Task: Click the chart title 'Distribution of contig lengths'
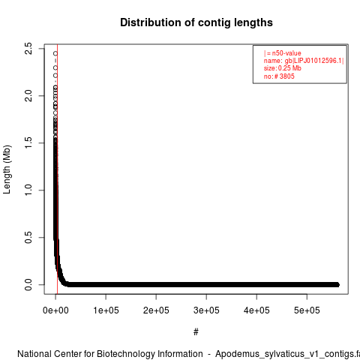tap(196, 22)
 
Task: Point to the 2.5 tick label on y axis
tap(28, 49)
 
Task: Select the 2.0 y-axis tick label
tap(28, 96)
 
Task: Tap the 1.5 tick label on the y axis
tap(28, 143)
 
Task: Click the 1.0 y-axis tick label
tap(28, 190)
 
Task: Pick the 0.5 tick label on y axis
tap(28, 238)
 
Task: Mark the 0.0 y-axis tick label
tap(28, 285)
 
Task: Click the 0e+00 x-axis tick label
tap(55, 310)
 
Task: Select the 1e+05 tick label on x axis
tap(106, 310)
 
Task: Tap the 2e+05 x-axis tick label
tap(156, 310)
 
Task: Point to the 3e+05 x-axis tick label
tap(206, 310)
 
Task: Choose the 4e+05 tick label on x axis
tap(256, 310)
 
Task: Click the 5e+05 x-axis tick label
tap(307, 310)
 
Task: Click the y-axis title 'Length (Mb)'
tap(7, 169)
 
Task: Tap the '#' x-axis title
tap(196, 332)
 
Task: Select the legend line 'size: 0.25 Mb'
tap(283, 68)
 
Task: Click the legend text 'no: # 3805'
tap(279, 76)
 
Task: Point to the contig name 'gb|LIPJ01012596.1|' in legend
tap(314, 61)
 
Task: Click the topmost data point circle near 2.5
tap(55, 53)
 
